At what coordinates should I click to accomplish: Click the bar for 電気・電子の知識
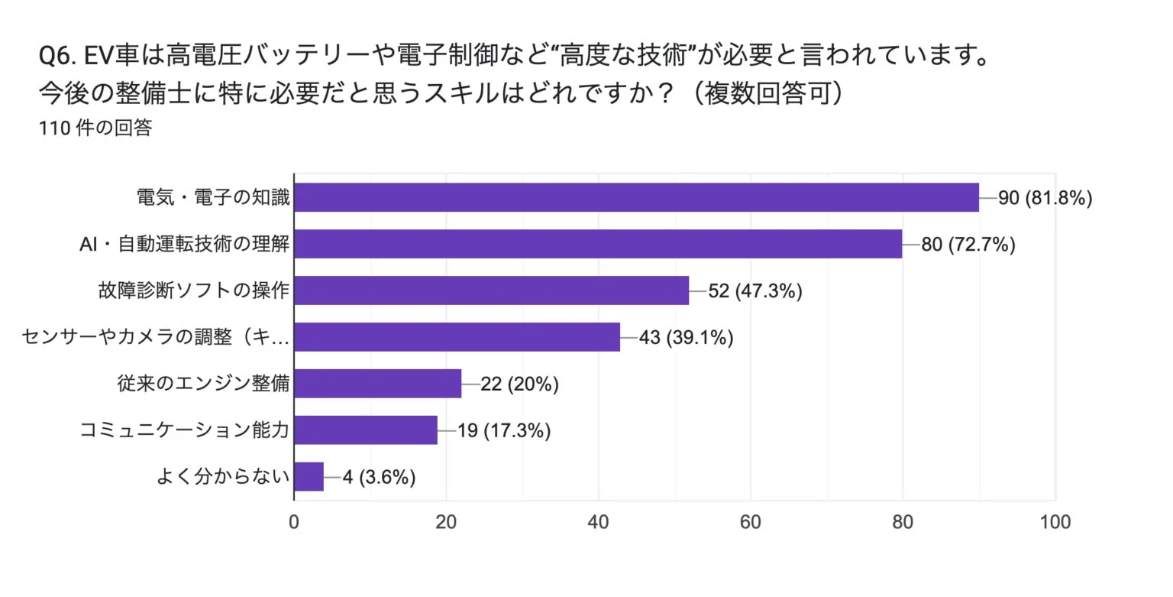click(636, 197)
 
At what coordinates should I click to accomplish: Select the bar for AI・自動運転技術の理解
click(598, 244)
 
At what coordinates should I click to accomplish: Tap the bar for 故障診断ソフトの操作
click(491, 290)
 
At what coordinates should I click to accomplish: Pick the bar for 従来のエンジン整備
click(377, 384)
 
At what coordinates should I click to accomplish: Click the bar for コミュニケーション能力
click(366, 430)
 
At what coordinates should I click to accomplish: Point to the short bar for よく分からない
click(309, 477)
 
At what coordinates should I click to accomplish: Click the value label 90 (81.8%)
click(1045, 198)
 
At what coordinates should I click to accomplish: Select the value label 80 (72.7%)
click(968, 245)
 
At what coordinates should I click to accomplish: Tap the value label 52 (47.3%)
click(755, 291)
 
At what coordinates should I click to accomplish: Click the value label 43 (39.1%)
click(686, 338)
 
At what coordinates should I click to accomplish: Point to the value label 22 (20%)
click(519, 384)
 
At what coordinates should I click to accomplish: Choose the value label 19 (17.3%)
click(503, 431)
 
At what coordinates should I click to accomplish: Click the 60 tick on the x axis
click(751, 523)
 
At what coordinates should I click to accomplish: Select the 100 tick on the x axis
click(1055, 523)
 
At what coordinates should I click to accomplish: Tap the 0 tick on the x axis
click(294, 523)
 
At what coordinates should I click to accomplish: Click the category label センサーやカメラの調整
click(156, 337)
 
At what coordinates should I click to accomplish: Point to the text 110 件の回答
click(95, 128)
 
